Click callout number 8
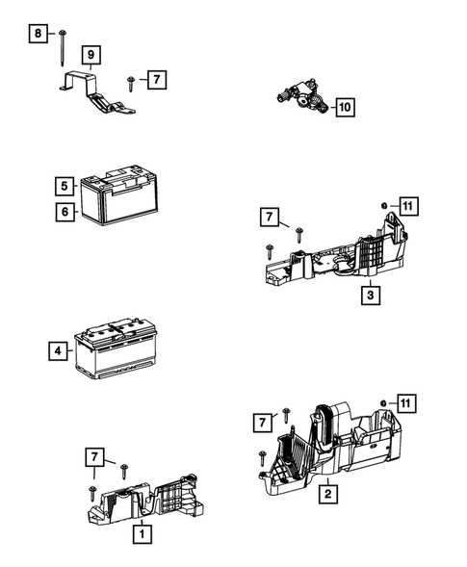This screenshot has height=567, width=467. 38,34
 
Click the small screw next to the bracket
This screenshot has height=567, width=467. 129,83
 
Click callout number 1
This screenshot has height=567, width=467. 142,532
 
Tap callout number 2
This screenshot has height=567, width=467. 328,494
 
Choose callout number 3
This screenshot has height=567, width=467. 370,296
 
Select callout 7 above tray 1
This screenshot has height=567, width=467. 93,455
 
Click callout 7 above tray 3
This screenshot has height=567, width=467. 270,219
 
